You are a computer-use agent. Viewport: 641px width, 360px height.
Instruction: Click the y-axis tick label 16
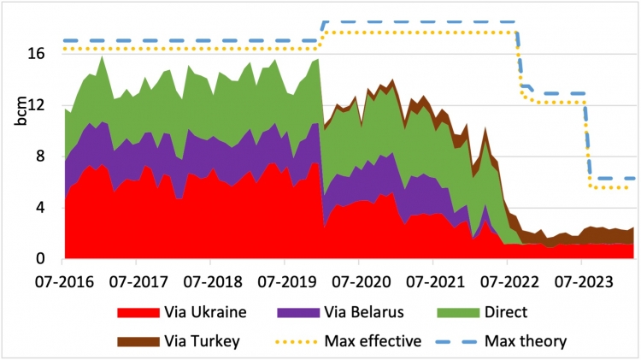coord(45,53)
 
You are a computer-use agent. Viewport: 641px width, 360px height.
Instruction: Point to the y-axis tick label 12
coord(45,105)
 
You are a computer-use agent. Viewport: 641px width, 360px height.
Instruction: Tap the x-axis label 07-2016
coord(67,280)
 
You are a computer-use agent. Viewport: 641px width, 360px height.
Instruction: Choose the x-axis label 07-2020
coord(361,280)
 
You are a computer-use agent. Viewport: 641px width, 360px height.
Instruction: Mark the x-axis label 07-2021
coord(434,280)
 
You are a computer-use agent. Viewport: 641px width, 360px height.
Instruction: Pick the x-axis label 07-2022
coord(508,280)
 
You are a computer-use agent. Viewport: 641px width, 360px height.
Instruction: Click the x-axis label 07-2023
coord(581,280)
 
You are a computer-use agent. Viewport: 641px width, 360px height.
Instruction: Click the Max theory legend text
coord(526,342)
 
